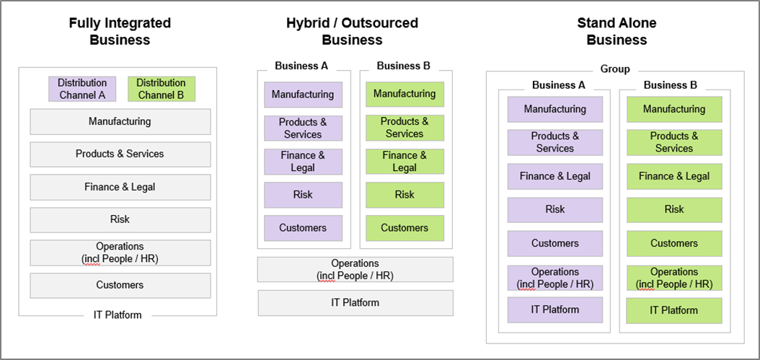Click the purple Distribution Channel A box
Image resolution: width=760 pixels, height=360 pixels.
click(82, 89)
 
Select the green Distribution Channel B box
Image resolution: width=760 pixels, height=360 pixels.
click(162, 89)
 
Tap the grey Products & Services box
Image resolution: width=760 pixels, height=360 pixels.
click(120, 154)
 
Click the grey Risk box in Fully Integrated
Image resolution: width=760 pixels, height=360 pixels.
click(120, 220)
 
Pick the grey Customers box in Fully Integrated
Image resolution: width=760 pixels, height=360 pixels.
click(120, 285)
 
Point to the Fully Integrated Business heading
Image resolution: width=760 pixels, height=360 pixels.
click(120, 31)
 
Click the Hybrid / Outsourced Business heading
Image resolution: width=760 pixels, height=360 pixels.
click(353, 31)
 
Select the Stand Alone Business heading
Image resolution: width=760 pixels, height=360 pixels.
click(617, 31)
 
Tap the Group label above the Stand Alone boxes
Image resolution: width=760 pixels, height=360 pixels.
click(615, 69)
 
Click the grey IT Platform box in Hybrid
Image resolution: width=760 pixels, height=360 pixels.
click(355, 303)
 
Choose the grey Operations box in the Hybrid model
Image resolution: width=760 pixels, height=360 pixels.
click(355, 269)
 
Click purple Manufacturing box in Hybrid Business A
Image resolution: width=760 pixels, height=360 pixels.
click(303, 95)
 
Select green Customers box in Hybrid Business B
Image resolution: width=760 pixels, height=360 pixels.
click(405, 228)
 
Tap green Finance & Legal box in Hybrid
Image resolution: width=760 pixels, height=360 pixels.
click(405, 162)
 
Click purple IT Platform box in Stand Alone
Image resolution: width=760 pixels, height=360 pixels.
click(555, 310)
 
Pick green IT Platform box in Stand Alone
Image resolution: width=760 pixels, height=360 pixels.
click(674, 310)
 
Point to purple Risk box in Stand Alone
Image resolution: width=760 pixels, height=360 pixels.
click(555, 210)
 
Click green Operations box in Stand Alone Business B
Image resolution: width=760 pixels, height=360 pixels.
click(674, 278)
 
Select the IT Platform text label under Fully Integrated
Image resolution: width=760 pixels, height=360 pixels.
click(118, 315)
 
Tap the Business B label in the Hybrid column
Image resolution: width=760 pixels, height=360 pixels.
click(404, 66)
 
